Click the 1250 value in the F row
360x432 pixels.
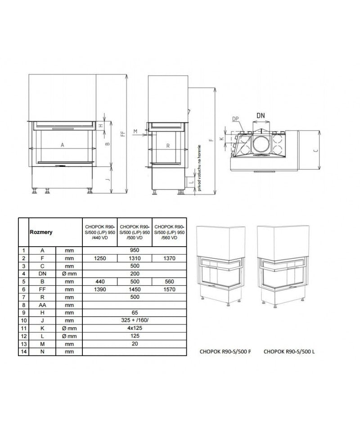click(x=99, y=259)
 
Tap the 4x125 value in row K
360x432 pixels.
click(x=135, y=328)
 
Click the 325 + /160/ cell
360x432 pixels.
click(x=135, y=320)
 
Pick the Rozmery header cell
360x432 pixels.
click(x=41, y=232)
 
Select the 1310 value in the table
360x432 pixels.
click(x=135, y=259)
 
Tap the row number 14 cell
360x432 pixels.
click(x=23, y=351)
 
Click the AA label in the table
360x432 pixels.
click(x=42, y=305)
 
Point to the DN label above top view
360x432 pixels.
click(x=261, y=116)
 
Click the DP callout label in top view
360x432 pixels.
click(x=235, y=118)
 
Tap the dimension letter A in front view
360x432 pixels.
click(x=63, y=144)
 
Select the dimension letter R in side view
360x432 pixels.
click(x=167, y=145)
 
